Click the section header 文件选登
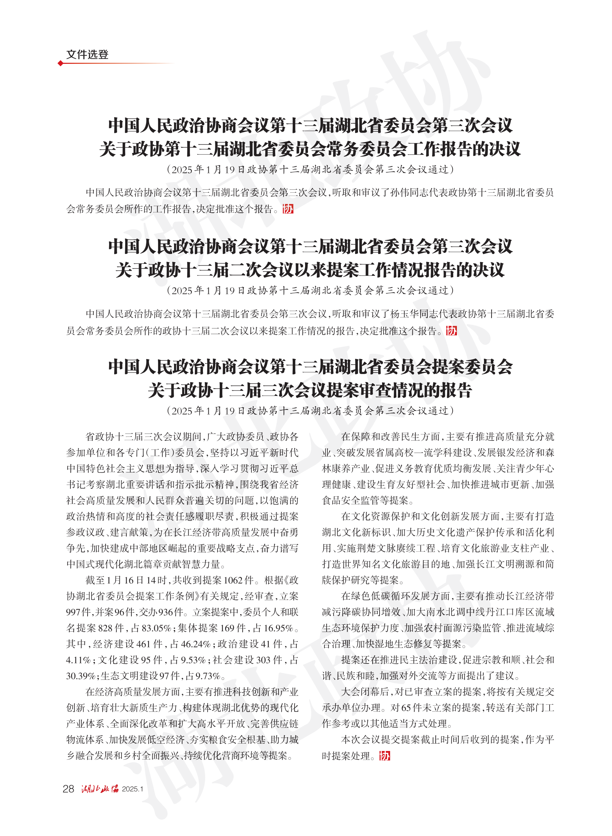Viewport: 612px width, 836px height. [87, 54]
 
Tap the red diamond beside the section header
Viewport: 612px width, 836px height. [60, 63]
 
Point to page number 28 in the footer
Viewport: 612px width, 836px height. [68, 789]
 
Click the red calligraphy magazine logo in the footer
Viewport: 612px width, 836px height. [100, 789]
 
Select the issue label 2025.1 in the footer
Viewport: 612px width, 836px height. [132, 789]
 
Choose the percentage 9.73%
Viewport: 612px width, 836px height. [208, 676]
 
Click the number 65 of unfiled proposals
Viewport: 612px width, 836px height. [406, 708]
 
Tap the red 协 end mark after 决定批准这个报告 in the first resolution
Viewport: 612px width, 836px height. [288, 209]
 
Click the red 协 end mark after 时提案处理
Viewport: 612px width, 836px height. [385, 756]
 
